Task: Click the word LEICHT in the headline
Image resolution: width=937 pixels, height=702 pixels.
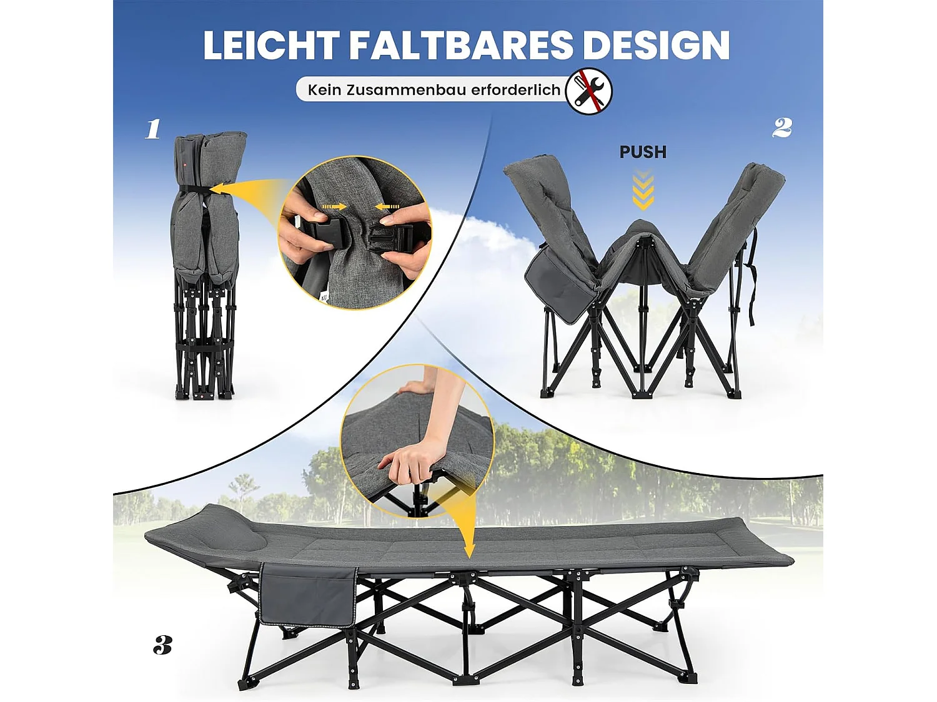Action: coord(270,45)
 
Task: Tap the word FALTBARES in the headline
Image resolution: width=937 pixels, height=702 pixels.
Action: coord(460,45)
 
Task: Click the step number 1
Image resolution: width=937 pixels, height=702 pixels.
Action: coord(153,129)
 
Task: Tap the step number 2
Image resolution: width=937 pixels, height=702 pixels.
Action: coord(781,128)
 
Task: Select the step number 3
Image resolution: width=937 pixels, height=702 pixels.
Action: coord(162,645)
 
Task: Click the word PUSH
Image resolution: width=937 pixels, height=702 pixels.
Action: coord(643,152)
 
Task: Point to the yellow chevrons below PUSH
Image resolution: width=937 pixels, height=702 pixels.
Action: coord(643,190)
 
